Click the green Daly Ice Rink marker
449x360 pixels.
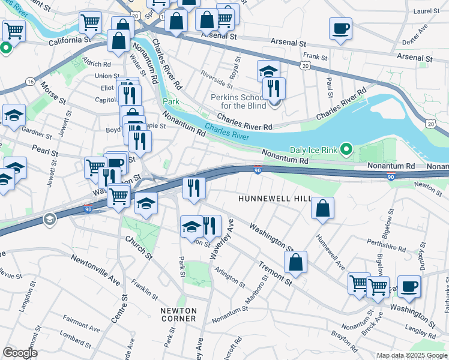[346, 148]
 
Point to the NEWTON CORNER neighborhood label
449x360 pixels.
[178, 314]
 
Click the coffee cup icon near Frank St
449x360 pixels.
[340, 28]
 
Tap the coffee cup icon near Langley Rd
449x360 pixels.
[409, 286]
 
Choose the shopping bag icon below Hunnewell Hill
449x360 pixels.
[322, 208]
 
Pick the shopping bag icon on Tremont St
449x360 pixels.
[295, 262]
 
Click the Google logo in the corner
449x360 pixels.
[19, 353]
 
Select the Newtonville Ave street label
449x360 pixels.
[95, 270]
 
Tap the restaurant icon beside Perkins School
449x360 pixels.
[274, 88]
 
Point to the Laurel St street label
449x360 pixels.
[427, 11]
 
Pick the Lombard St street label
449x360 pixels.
[75, 341]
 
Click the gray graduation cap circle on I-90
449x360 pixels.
[48, 220]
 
